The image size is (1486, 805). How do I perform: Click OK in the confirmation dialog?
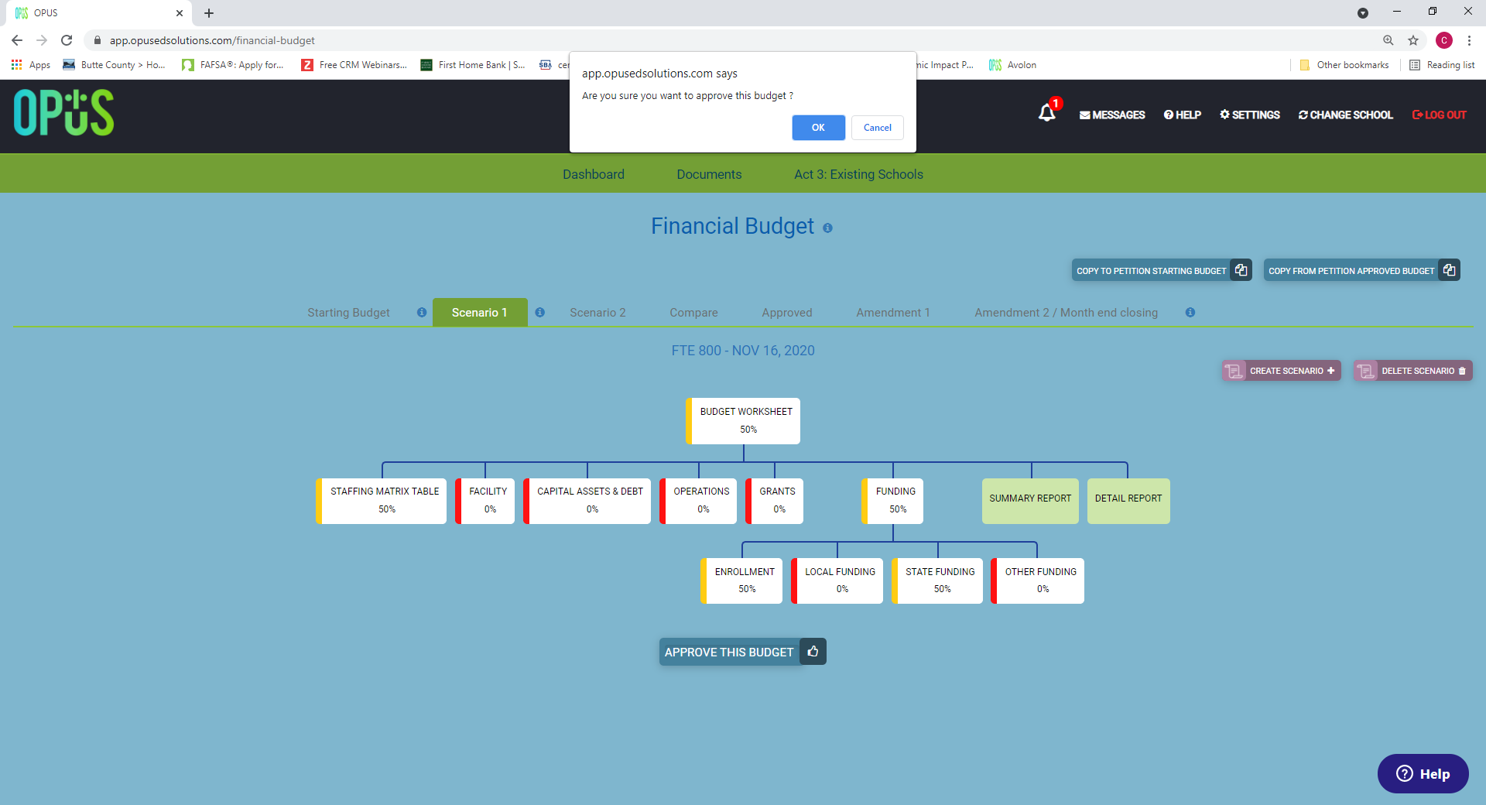click(x=818, y=128)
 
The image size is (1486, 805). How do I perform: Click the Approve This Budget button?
click(x=742, y=652)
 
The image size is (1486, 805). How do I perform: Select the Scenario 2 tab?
click(x=597, y=313)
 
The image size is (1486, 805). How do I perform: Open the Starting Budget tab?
click(x=348, y=313)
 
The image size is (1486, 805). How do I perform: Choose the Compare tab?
click(x=693, y=313)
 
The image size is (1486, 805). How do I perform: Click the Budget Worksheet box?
click(x=743, y=421)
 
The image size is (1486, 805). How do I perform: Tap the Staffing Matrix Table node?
click(x=381, y=501)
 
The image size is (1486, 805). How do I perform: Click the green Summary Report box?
click(x=1030, y=501)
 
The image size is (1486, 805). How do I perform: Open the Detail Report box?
click(x=1128, y=501)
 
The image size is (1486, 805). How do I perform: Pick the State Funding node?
click(x=937, y=581)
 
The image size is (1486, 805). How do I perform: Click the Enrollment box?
click(x=741, y=581)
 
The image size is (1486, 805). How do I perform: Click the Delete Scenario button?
click(x=1413, y=371)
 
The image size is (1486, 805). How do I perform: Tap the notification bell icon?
click(x=1047, y=113)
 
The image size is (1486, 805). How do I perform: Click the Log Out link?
click(x=1439, y=115)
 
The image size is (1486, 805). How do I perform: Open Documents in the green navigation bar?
click(x=709, y=174)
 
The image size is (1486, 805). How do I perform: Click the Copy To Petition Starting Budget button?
click(x=1162, y=270)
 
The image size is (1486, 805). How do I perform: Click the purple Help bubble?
click(x=1423, y=774)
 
